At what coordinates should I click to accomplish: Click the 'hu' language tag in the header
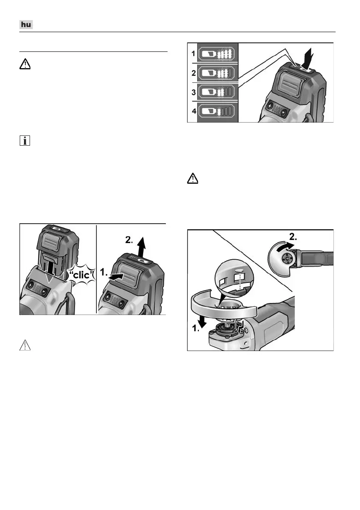pos(27,25)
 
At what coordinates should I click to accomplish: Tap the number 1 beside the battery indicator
pos(193,54)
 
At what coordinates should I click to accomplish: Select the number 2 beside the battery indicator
pos(193,74)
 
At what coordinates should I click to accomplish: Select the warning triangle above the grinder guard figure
pos(194,179)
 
